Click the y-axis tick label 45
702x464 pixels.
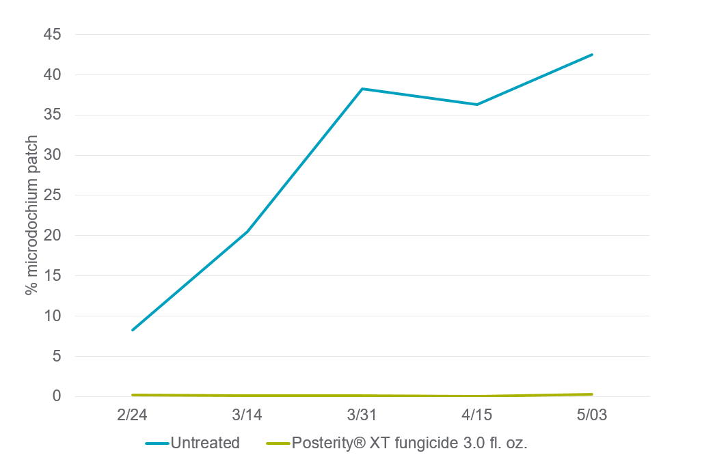click(52, 34)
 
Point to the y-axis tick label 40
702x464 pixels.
click(52, 74)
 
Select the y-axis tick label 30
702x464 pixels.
click(52, 155)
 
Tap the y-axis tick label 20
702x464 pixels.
click(52, 235)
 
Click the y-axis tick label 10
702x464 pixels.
click(52, 316)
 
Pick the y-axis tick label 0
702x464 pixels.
click(57, 396)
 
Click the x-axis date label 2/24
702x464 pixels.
click(132, 415)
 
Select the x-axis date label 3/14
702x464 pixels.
click(247, 415)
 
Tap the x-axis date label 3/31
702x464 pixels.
click(362, 415)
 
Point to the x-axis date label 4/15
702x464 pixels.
click(477, 415)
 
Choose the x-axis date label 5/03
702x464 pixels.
click(592, 415)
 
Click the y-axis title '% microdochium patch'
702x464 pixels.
click(31, 215)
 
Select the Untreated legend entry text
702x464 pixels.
click(205, 443)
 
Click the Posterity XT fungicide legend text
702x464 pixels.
click(409, 443)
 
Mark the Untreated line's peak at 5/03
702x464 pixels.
click(592, 55)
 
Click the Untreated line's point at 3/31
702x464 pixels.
click(362, 89)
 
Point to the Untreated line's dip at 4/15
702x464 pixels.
click(477, 105)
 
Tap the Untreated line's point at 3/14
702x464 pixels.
click(247, 232)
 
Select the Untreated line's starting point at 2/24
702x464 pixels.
click(133, 330)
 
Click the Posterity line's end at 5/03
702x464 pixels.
click(592, 394)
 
